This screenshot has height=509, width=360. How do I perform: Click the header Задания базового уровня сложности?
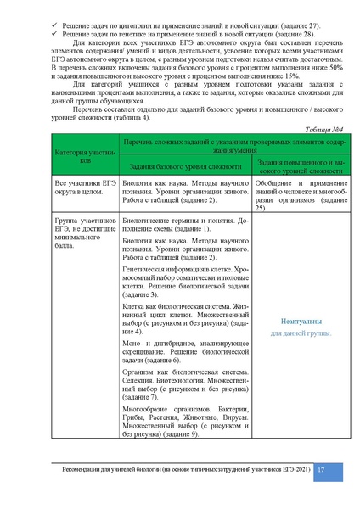[176, 167]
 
